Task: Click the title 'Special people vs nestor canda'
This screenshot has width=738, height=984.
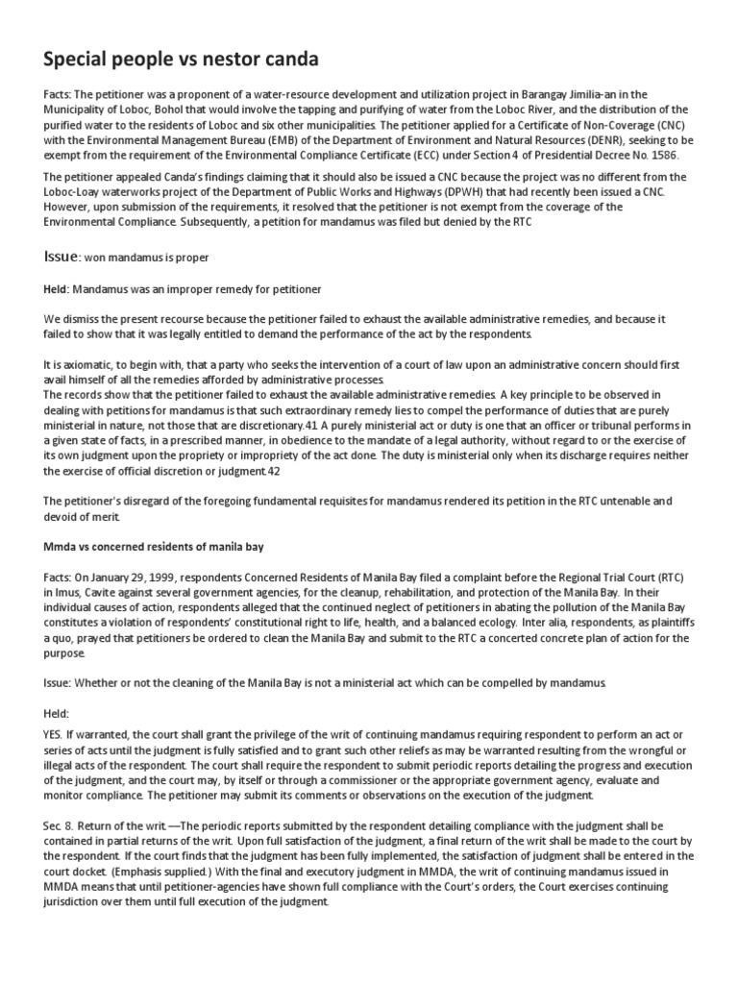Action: (181, 60)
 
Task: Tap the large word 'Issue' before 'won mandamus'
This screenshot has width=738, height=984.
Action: (61, 258)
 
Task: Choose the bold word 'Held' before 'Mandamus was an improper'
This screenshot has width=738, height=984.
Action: (58, 288)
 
